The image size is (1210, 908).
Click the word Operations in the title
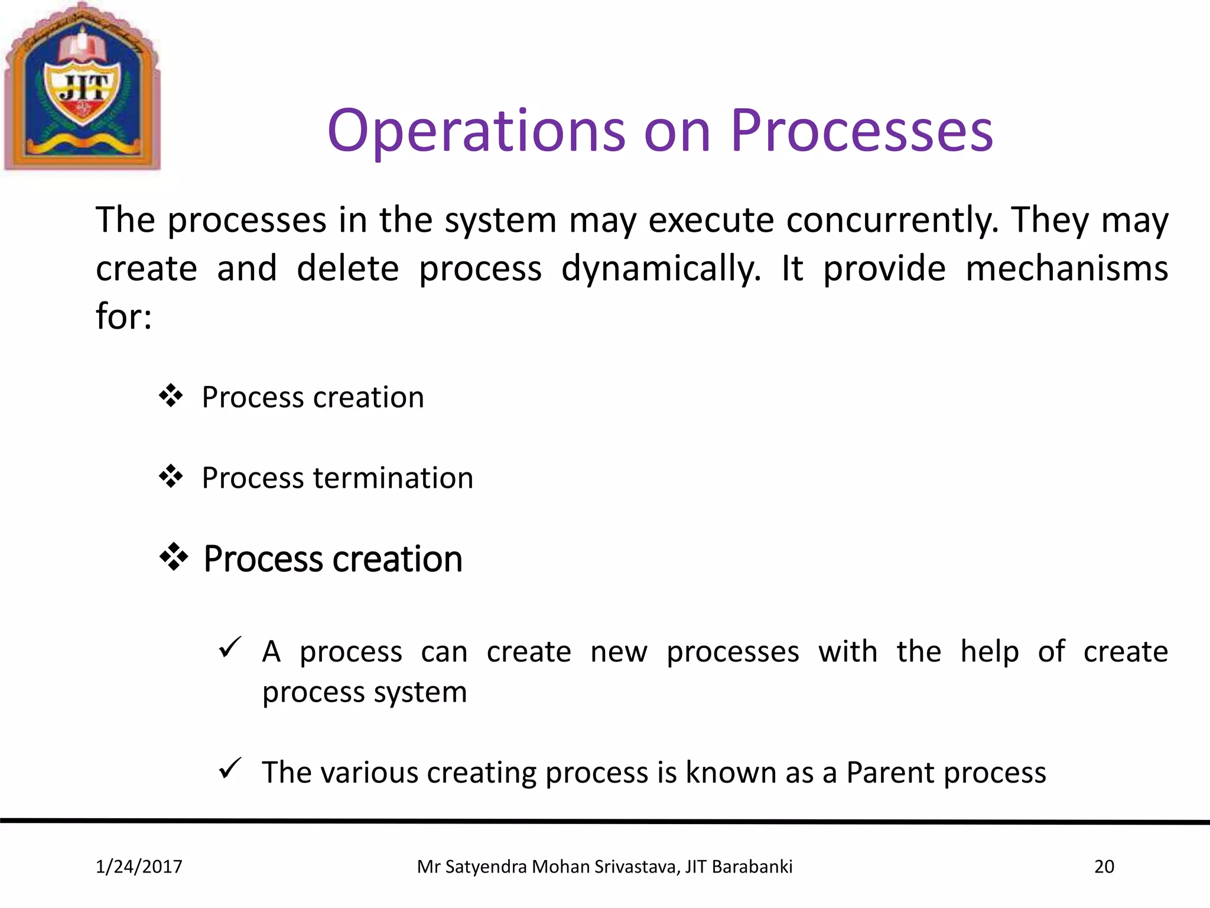[476, 131]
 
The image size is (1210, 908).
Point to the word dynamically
[661, 269]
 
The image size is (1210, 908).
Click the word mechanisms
[1066, 269]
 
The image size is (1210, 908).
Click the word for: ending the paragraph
[124, 316]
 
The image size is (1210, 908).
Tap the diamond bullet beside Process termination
[171, 476]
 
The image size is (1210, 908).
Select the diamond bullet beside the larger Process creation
[174, 557]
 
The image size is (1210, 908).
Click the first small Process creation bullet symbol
[171, 396]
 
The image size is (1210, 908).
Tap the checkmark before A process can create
[230, 648]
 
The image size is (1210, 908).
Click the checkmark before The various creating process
[230, 768]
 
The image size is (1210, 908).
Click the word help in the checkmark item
[990, 652]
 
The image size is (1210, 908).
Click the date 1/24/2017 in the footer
[139, 867]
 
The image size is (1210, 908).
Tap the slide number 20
[1104, 867]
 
